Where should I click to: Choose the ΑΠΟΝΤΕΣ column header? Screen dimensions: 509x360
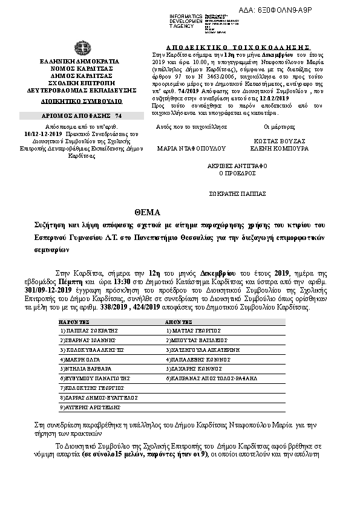(178, 323)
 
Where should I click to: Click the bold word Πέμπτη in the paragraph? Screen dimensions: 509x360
(68, 282)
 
